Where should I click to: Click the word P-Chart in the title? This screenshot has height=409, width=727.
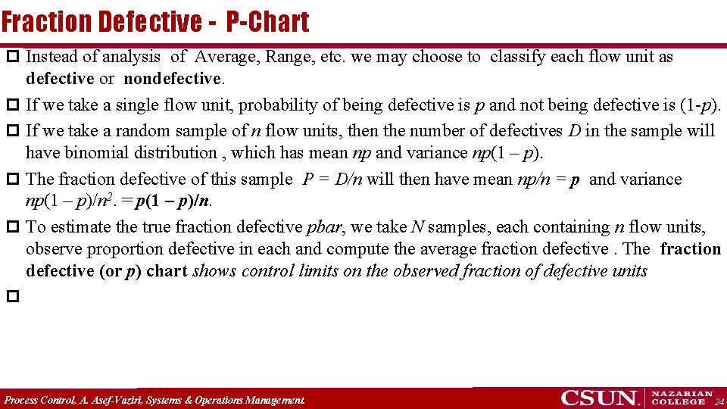tap(267, 22)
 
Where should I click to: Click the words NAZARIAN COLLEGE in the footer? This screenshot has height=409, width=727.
tap(682, 398)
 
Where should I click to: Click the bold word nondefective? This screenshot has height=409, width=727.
tap(172, 79)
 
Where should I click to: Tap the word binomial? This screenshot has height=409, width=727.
tap(105, 153)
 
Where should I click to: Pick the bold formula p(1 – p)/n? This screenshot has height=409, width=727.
tap(174, 201)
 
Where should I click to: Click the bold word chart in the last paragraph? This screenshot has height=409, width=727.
tap(166, 271)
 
